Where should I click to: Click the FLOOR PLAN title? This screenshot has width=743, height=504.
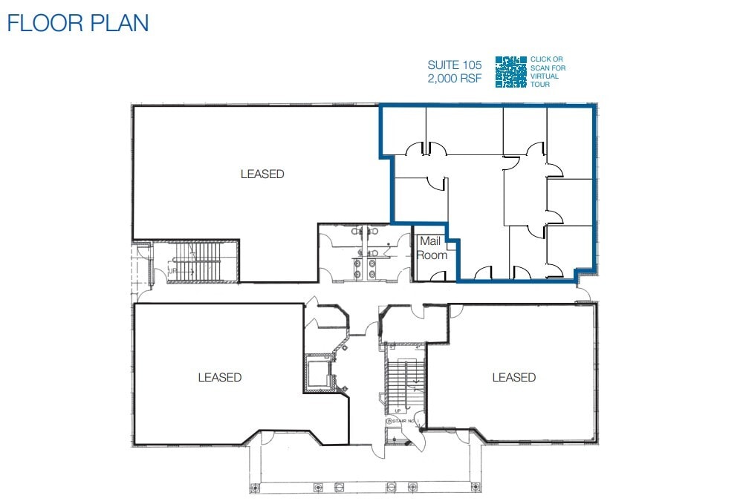(x=78, y=23)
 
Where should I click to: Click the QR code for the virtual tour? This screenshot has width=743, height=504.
(x=510, y=72)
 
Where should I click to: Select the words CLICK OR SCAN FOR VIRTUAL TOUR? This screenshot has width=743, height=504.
(x=548, y=71)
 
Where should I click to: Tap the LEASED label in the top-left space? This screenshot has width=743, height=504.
(x=262, y=174)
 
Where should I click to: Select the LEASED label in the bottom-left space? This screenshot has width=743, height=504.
(x=220, y=377)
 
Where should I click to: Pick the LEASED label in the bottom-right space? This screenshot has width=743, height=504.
(x=513, y=377)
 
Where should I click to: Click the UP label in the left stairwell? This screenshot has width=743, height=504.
(x=174, y=272)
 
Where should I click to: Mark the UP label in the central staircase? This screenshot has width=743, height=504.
(x=398, y=410)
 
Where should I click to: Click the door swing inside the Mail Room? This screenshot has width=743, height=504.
(x=437, y=275)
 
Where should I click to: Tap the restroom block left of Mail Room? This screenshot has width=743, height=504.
(x=364, y=254)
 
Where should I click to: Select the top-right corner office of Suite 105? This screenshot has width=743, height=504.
(x=570, y=141)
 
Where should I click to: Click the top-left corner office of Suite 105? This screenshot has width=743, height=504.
(x=403, y=130)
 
